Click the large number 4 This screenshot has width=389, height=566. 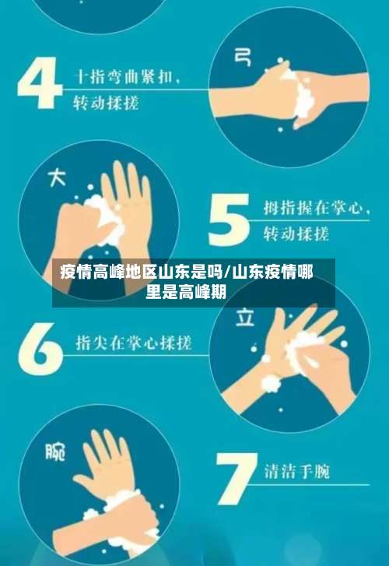[x=40, y=83]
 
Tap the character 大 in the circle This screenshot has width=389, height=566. [x=57, y=178]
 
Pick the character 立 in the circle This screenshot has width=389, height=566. [x=245, y=318]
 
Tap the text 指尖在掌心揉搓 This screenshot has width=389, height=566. [x=133, y=343]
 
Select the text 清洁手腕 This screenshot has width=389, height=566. [x=296, y=471]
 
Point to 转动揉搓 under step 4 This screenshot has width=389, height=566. [x=106, y=102]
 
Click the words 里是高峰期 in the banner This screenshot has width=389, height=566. [x=187, y=293]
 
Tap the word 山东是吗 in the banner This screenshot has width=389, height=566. [x=191, y=272]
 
